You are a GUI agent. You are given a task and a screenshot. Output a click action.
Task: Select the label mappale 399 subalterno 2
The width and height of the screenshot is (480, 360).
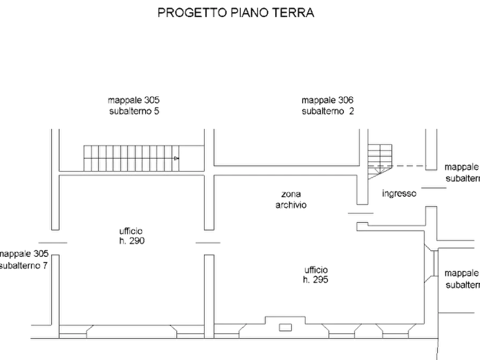328,105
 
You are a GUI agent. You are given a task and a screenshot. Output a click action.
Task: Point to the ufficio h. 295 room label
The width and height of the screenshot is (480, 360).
316,275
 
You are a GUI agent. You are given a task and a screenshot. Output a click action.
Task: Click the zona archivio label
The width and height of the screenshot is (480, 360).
291,199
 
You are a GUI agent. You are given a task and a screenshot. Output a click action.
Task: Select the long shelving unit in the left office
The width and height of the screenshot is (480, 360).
132,157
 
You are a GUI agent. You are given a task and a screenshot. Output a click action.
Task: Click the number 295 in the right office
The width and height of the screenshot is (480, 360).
321,280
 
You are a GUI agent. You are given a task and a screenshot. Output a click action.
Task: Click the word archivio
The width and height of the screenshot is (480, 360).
291,205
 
